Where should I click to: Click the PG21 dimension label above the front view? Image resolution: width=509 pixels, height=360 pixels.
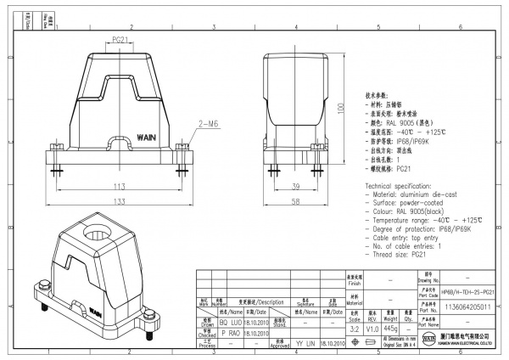click(x=120, y=40)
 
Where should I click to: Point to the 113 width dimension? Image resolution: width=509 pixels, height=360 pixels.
click(x=120, y=187)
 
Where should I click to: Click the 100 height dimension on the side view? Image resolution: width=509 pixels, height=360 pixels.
click(x=339, y=109)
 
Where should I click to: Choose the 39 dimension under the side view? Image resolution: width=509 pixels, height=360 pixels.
click(x=296, y=186)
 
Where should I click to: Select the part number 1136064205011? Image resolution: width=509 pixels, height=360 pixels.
click(x=466, y=303)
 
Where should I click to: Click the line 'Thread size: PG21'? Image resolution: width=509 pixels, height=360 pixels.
click(x=398, y=254)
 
